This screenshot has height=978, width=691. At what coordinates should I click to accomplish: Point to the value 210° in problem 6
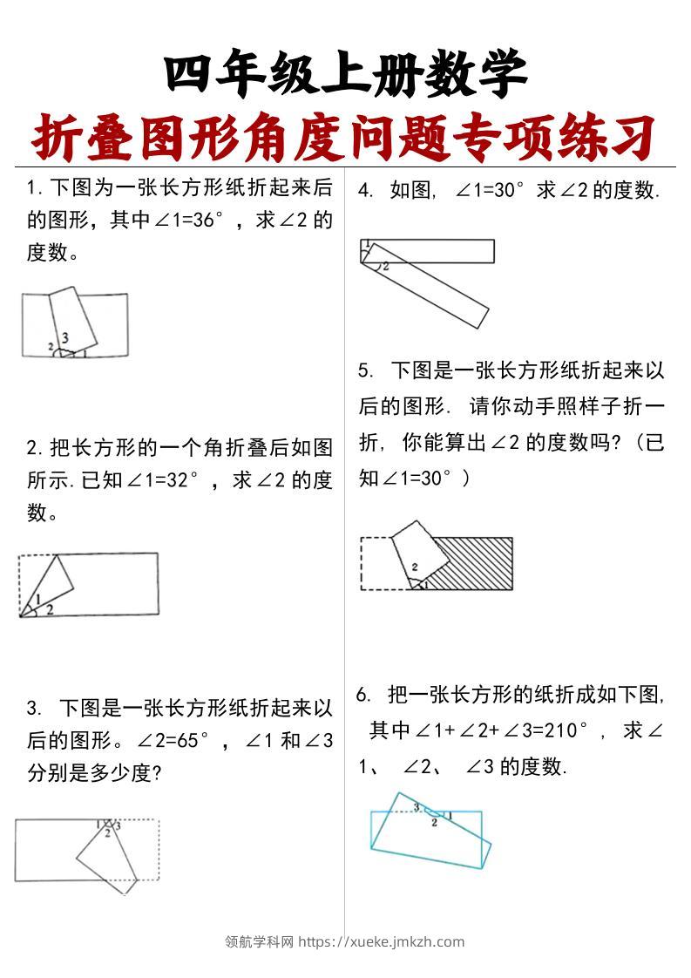pyautogui.click(x=559, y=730)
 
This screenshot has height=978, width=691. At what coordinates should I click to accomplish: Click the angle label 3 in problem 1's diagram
pyautogui.click(x=65, y=337)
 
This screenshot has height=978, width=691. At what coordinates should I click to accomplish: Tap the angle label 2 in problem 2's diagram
pyautogui.click(x=50, y=609)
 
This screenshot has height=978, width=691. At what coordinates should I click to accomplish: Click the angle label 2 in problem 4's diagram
pyautogui.click(x=385, y=265)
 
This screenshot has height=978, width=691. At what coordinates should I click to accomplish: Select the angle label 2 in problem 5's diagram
pyautogui.click(x=415, y=567)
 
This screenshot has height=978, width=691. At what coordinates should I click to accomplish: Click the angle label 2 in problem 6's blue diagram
pyautogui.click(x=434, y=823)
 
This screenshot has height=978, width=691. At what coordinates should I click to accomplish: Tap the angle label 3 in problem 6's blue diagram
pyautogui.click(x=417, y=807)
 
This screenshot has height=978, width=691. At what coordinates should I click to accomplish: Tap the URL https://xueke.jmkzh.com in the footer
pyautogui.click(x=382, y=941)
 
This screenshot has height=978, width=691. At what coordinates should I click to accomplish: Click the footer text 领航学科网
pyautogui.click(x=260, y=941)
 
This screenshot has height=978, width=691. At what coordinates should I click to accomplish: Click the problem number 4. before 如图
pyautogui.click(x=367, y=191)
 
